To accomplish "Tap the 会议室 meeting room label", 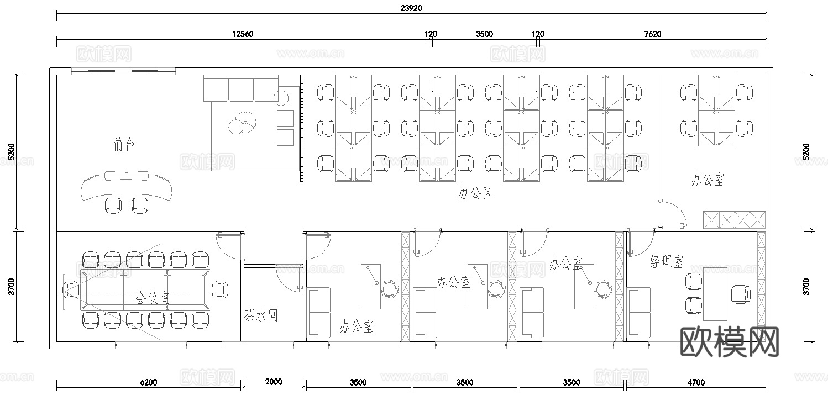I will pos(153,298).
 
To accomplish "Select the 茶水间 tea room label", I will pos(260,316).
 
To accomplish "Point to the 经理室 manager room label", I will pos(667,261).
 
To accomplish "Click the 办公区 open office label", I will pos(475,193).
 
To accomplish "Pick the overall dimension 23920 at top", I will pos(411,8).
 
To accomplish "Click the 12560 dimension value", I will pos(242,34).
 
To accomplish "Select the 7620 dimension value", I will pos(652,34).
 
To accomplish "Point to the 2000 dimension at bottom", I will pos(273,382).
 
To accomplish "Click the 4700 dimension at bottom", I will pos(695,382).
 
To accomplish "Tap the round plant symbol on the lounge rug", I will pos(242,122).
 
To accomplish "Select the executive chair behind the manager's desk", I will pos(741,293).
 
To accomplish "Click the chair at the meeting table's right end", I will pos(220,289).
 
